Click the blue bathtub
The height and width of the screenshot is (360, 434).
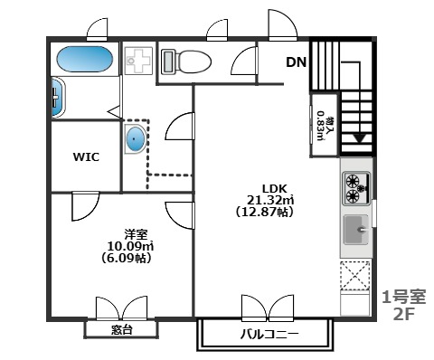[x=85, y=59]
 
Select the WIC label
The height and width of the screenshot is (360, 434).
[x=86, y=157]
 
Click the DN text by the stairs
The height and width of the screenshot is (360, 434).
[x=296, y=62]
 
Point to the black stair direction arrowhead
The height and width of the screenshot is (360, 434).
[x=360, y=139]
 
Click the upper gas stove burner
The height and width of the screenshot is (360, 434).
[x=352, y=181]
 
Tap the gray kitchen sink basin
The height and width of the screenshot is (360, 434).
[x=356, y=230]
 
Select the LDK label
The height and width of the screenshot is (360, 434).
[x=274, y=189]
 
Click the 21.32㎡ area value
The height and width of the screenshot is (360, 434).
[x=270, y=200]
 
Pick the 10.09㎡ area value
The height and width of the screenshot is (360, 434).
[x=130, y=246]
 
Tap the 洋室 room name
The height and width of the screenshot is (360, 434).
[x=136, y=234]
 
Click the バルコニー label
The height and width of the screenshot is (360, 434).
[x=269, y=334]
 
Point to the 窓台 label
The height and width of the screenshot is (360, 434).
[x=121, y=330]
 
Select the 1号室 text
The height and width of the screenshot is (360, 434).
[x=404, y=297]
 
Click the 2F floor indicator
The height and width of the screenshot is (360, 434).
[x=403, y=315]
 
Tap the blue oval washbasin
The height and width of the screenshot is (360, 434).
[x=136, y=139]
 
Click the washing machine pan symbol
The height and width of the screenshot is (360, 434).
[x=138, y=61]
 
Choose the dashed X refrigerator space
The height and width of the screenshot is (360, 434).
[x=355, y=276]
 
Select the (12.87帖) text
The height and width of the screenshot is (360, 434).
[x=265, y=213]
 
